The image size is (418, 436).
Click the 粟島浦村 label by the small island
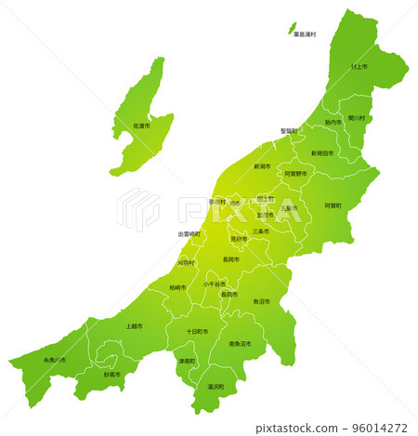tap(304, 34)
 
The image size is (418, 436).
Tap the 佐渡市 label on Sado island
tap(141, 126)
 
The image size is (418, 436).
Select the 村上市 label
tap(359, 68)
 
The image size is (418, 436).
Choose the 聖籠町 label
tap(289, 131)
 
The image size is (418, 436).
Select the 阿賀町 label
tap(333, 205)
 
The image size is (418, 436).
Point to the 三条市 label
tap(261, 231)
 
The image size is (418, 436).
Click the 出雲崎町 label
tap(189, 234)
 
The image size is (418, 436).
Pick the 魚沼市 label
tap(262, 302)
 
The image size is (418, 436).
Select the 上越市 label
tap(134, 326)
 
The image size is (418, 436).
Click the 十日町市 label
tap(197, 331)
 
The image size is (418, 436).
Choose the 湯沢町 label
tap(216, 386)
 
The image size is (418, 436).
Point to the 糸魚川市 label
tap(55, 359)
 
